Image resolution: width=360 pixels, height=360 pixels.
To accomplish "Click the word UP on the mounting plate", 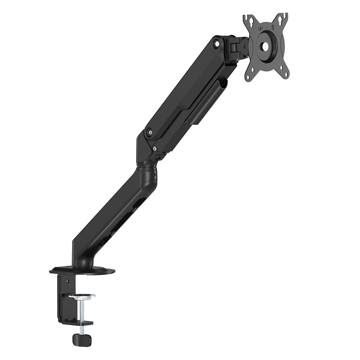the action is point(261,29).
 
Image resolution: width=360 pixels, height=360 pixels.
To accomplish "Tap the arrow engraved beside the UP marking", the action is point(273,27).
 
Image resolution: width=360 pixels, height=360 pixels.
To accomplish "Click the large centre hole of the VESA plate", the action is point(266,46).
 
